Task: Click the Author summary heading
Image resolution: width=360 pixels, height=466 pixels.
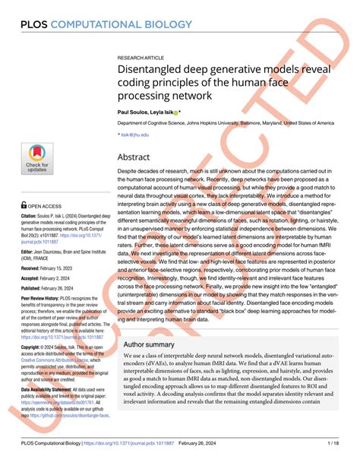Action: coord(151,344)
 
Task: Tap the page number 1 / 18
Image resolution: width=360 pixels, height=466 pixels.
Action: coord(332,443)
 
